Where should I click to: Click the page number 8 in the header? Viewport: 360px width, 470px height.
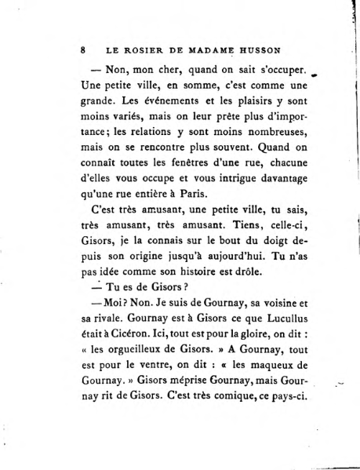pos(83,49)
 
